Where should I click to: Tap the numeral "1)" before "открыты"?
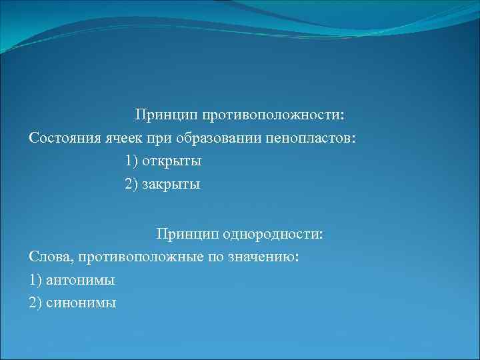point(132,161)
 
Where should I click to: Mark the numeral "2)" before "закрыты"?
point(132,185)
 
